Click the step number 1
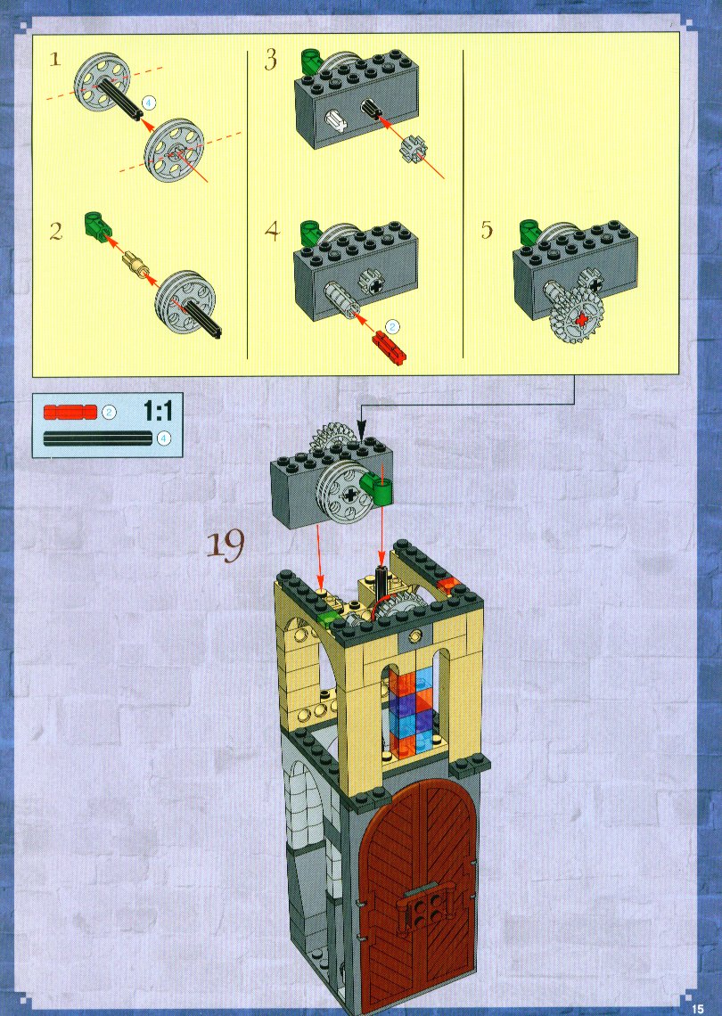(55, 61)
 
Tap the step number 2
(56, 232)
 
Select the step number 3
(271, 61)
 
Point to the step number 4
(272, 232)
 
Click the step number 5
(487, 230)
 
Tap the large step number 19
(226, 545)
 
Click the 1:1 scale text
(157, 410)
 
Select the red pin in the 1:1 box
(70, 412)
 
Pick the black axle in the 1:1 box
(98, 438)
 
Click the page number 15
(697, 1008)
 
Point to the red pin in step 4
(389, 348)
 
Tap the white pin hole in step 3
(336, 120)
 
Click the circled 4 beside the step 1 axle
(149, 102)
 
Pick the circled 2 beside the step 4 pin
(392, 326)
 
